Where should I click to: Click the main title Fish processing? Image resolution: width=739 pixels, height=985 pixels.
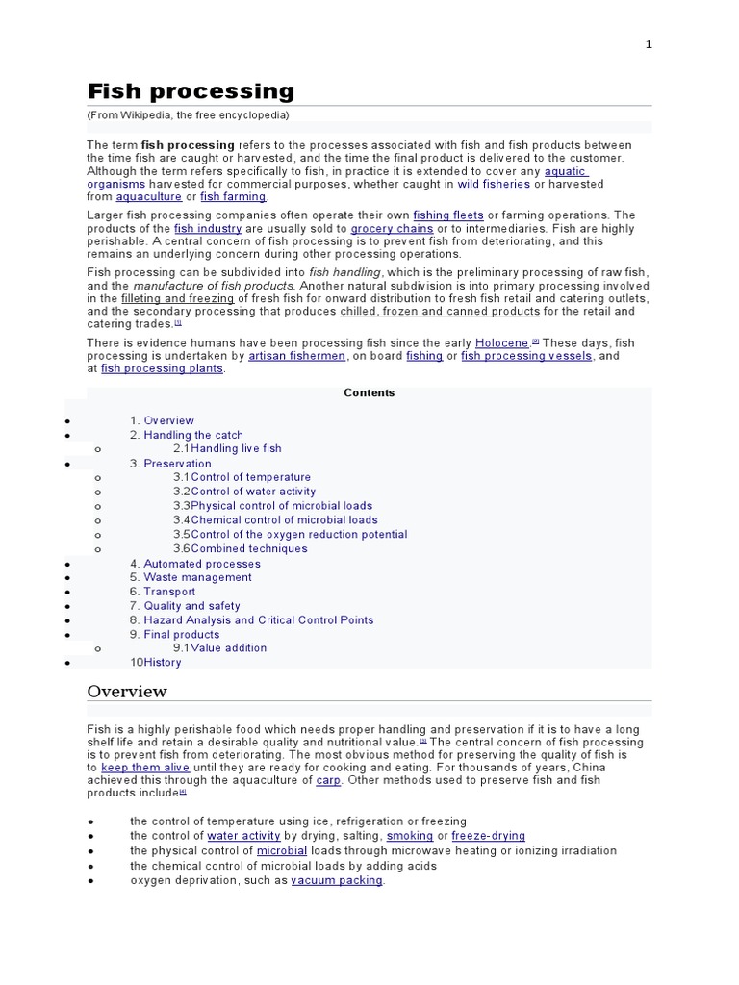click(x=191, y=91)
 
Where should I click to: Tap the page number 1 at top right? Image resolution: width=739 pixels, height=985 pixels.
click(x=649, y=43)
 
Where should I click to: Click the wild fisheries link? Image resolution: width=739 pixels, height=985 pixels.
click(x=494, y=184)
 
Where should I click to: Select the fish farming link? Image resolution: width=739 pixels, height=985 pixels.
click(x=233, y=197)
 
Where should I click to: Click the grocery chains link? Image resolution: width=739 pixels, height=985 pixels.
click(x=392, y=229)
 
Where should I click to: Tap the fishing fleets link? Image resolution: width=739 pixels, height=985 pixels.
click(x=448, y=215)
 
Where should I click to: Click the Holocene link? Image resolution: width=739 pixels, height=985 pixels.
click(x=501, y=342)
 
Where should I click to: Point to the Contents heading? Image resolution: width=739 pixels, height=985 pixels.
click(x=369, y=393)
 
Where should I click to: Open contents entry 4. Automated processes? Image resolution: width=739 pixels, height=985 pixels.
click(x=202, y=564)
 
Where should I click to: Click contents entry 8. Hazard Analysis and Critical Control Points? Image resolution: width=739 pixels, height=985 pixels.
click(x=258, y=620)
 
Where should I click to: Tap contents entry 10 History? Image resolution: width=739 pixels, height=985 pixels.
click(x=162, y=663)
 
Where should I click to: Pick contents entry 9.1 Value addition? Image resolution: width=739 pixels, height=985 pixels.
click(x=232, y=648)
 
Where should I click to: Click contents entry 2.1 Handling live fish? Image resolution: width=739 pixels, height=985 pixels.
click(x=236, y=449)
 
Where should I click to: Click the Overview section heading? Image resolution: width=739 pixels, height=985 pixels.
click(x=127, y=692)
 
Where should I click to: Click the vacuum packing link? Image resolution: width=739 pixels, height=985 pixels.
click(x=337, y=880)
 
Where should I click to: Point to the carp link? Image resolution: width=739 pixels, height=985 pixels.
click(x=328, y=781)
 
